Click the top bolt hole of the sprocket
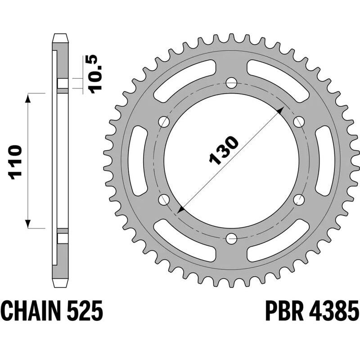coord(231,83)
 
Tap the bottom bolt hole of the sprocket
coord(231,238)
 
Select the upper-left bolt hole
coord(164,121)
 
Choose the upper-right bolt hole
coord(298,121)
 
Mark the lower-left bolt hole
coord(164,199)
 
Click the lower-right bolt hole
coord(298,199)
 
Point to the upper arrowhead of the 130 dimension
coord(281,110)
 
